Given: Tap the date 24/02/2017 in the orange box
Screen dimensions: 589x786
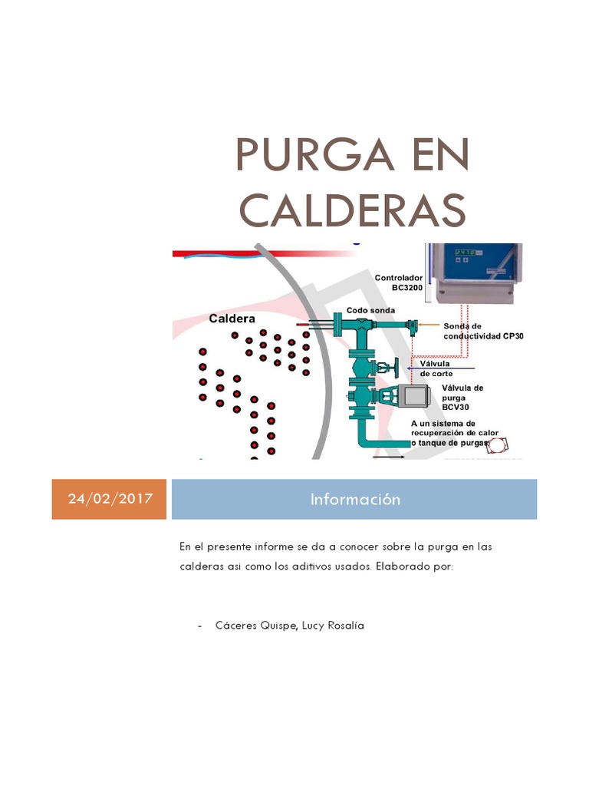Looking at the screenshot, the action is pos(109,499).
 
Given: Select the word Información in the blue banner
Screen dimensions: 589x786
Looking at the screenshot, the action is pos(355,499).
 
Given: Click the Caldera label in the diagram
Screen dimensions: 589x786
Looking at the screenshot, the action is pos(232,318).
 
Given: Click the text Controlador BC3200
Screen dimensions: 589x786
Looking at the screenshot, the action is pos(398,282).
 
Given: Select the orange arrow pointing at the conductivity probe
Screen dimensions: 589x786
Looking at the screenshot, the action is pos(430,325).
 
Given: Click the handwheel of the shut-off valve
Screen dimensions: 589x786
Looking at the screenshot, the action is pos(397,367).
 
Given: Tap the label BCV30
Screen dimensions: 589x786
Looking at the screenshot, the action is pos(456,407).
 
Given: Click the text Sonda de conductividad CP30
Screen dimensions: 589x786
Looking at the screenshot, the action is pos(483,331).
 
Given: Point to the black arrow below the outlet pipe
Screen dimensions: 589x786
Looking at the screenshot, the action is pos(389,457).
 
